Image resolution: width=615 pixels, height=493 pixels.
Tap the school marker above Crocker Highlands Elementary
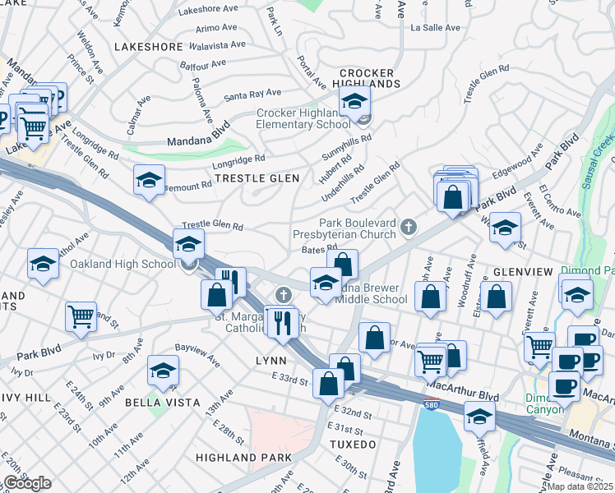(x=354, y=102)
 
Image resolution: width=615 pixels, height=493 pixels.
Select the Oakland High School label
(x=123, y=264)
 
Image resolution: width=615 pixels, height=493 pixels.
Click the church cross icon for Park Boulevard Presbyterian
(x=408, y=225)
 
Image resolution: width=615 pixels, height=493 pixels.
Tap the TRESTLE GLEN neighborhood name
(x=256, y=178)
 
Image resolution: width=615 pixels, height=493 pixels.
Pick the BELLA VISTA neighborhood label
(x=163, y=402)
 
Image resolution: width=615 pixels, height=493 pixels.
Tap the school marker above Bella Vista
(x=163, y=371)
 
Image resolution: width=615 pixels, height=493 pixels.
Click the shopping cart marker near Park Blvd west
(x=81, y=316)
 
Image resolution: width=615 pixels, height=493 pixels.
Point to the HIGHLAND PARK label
(x=243, y=457)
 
